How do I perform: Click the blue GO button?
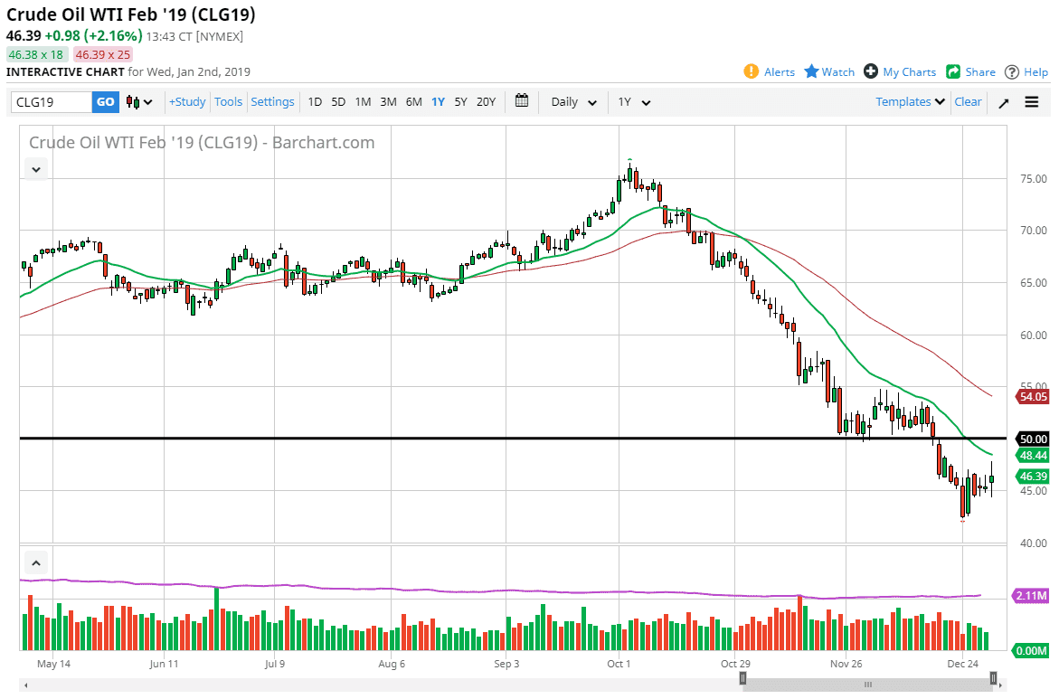(106, 102)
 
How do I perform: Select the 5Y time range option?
(461, 102)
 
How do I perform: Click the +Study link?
(187, 102)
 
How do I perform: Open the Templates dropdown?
(910, 102)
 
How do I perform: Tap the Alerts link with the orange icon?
(770, 72)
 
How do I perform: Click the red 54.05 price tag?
(1032, 396)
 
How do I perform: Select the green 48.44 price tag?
(1032, 456)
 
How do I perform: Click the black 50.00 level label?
(1032, 439)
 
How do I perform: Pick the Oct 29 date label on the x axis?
(734, 664)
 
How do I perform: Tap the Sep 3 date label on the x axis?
(506, 664)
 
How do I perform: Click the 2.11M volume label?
(1031, 596)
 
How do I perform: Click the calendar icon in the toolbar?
(522, 101)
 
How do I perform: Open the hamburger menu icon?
(1032, 102)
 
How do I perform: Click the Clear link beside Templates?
(968, 102)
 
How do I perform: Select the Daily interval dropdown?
(574, 102)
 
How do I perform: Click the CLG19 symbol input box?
(52, 102)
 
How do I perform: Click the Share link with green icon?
(971, 72)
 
